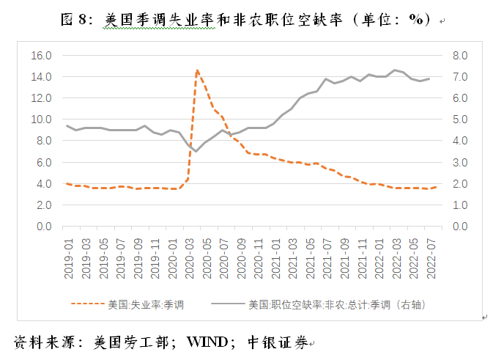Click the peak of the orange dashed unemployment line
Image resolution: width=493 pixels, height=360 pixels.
click(x=197, y=70)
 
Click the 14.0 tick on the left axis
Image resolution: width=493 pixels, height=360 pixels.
click(x=42, y=76)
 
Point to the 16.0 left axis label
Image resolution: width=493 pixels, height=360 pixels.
click(x=42, y=55)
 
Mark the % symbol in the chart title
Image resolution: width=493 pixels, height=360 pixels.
click(x=416, y=20)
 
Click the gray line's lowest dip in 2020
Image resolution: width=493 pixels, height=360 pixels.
click(x=196, y=151)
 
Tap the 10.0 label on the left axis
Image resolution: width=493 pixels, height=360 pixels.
click(x=42, y=120)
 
